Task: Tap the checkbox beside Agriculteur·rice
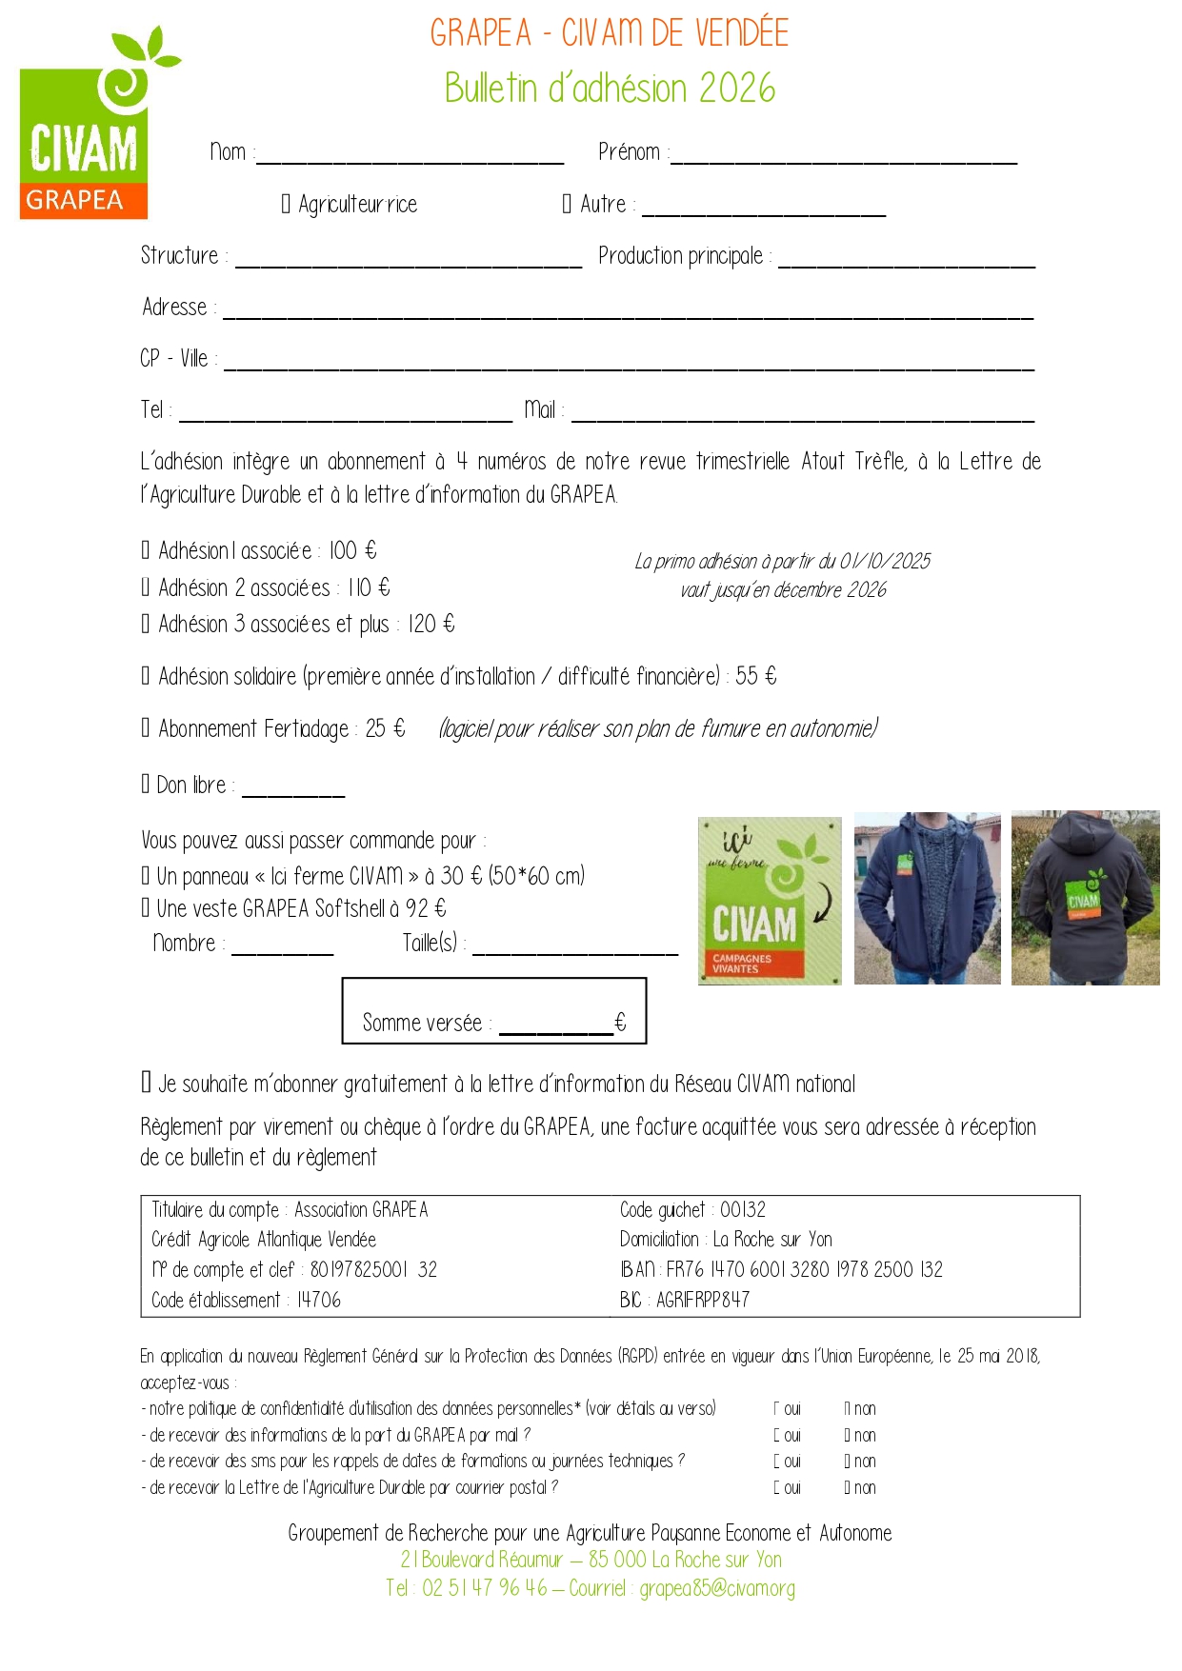(x=286, y=204)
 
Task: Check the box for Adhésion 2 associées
(x=146, y=587)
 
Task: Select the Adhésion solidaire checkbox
(x=146, y=676)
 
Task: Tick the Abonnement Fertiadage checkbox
(x=146, y=728)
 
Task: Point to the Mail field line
(x=802, y=417)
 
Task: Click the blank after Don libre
(x=293, y=792)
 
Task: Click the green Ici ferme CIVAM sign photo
(x=770, y=900)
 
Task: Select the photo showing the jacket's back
(x=1085, y=897)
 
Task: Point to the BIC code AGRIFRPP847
(x=703, y=1300)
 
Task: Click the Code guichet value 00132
(x=743, y=1210)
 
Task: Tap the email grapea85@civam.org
(x=717, y=1588)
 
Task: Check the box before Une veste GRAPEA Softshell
(x=146, y=908)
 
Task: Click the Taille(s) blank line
(x=575, y=950)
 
